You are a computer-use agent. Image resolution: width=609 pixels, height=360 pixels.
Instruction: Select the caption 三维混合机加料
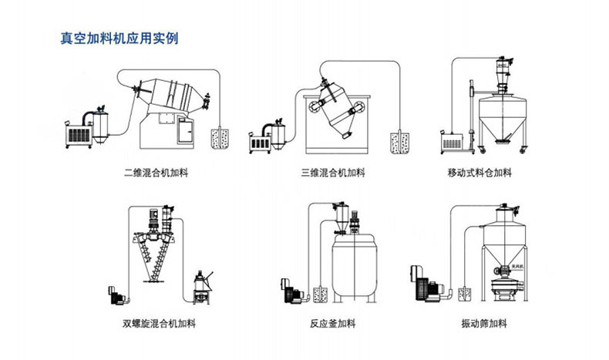(333, 172)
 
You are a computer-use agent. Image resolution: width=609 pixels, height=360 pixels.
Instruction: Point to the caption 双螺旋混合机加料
(160, 324)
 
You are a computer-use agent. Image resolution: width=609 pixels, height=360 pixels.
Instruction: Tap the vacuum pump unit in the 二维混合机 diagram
(83, 130)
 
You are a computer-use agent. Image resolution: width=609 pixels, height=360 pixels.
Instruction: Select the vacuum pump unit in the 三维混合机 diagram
(263, 138)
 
